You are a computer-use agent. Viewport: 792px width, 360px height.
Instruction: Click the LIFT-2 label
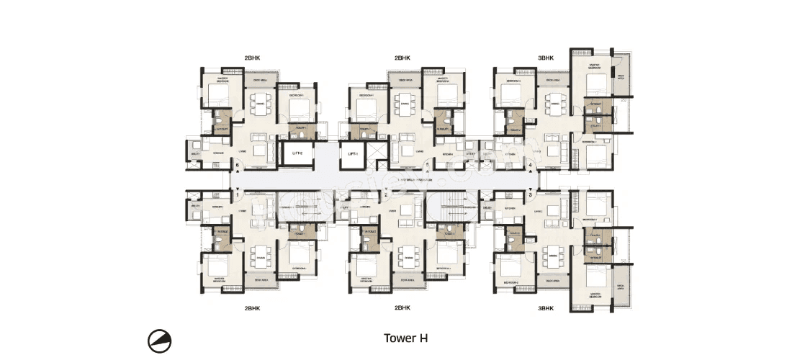tap(296, 153)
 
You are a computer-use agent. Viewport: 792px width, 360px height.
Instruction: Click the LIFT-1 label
tap(352, 153)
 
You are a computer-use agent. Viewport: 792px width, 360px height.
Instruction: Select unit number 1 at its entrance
tap(238, 194)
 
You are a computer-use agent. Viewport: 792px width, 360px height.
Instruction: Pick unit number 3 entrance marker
tap(531, 194)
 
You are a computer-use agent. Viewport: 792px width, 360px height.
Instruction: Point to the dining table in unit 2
tap(406, 257)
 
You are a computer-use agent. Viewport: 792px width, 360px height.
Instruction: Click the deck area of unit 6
tap(260, 80)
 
